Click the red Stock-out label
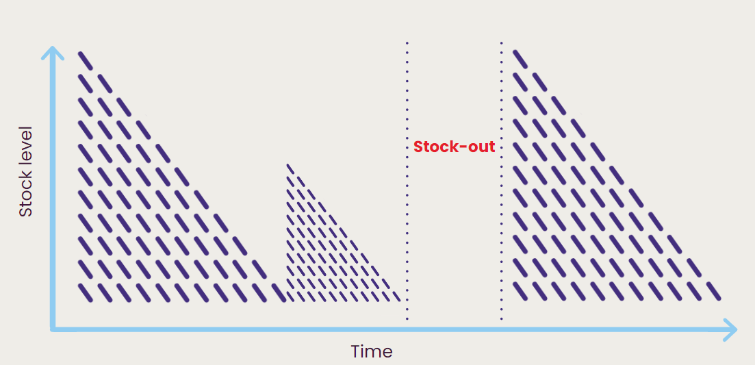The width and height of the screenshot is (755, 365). click(x=454, y=147)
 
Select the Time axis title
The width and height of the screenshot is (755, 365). click(x=372, y=351)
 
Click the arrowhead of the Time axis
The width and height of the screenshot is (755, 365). click(x=730, y=330)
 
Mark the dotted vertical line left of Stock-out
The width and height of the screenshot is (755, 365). click(x=407, y=181)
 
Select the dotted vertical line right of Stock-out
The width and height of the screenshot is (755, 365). click(x=501, y=181)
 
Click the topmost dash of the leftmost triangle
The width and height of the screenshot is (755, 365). click(x=86, y=60)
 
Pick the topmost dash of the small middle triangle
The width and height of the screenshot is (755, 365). click(x=290, y=168)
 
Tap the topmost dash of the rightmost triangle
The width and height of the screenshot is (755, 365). click(x=520, y=58)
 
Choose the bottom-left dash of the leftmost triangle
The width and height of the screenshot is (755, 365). click(x=86, y=293)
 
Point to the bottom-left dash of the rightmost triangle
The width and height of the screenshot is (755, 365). click(x=520, y=291)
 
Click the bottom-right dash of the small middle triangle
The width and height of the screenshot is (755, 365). click(x=396, y=297)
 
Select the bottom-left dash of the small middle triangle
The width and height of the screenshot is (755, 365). click(x=290, y=297)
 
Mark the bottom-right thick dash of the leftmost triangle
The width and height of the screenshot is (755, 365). click(x=279, y=293)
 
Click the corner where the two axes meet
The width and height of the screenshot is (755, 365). click(x=53, y=330)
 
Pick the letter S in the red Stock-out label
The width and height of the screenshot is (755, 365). click(x=418, y=147)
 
